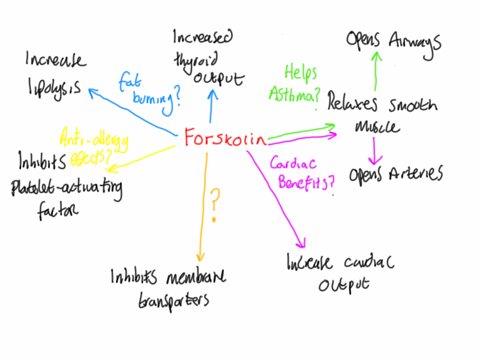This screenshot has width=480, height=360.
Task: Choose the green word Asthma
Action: (293, 94)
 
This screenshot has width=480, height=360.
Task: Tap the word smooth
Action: (412, 105)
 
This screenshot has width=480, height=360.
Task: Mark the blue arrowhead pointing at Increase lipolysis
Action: (91, 92)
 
